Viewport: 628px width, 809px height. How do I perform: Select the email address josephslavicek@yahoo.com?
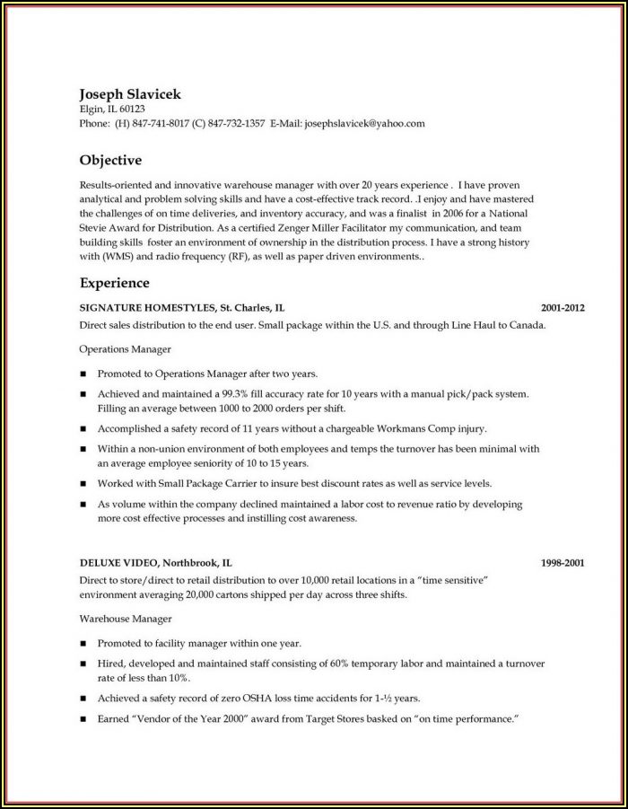364,124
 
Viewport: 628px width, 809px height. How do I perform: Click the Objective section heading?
110,161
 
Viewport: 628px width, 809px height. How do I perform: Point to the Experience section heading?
114,283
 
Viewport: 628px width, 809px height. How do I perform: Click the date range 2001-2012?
563,307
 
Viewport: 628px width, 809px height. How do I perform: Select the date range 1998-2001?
563,563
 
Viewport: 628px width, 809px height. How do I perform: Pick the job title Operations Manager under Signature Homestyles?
126,347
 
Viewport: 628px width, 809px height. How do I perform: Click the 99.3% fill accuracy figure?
231,393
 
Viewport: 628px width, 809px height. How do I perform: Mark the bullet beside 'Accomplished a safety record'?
83,429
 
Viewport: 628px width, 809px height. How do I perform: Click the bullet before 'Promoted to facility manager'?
83,644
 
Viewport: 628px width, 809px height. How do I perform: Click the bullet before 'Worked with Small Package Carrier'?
83,483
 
